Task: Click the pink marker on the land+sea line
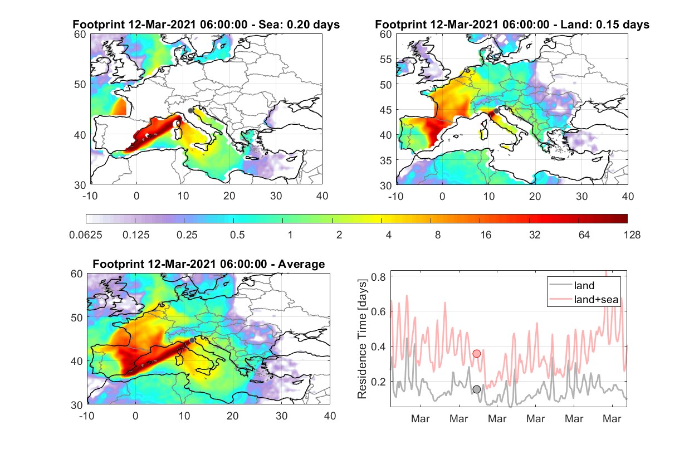(477, 353)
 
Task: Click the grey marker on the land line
(477, 389)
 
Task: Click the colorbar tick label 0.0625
(86, 235)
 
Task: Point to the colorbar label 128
(632, 235)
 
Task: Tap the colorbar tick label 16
(486, 235)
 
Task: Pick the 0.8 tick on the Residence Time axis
(378, 276)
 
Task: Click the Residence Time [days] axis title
(362, 339)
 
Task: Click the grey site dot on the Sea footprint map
(190, 111)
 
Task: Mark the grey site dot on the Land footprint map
(496, 111)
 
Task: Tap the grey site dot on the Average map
(192, 340)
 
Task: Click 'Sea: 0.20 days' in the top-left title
(299, 25)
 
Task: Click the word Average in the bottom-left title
(301, 264)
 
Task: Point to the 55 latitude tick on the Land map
(386, 60)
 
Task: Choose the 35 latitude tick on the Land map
(386, 160)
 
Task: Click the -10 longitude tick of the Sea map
(90, 196)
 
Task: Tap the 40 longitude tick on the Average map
(330, 416)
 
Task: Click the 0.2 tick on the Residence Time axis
(378, 382)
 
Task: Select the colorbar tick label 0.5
(237, 235)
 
